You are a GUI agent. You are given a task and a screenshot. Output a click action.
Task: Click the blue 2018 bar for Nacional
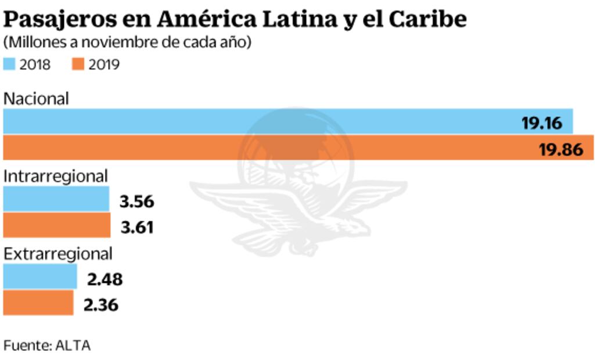coord(261,121)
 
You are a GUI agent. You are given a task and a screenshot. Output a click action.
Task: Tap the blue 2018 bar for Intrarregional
coord(56,199)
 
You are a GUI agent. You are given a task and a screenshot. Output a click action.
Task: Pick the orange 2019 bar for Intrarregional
coord(57,225)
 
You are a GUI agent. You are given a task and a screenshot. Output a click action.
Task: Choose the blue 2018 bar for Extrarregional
coord(40,276)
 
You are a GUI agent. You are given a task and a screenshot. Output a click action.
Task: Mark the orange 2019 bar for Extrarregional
coord(38,303)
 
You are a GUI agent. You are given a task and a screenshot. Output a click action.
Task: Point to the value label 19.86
coord(560,149)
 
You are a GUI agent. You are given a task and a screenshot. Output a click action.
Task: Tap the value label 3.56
coord(136,201)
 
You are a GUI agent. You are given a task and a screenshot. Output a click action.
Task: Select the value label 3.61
coord(137,227)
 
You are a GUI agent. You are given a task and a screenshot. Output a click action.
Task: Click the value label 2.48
coord(105,279)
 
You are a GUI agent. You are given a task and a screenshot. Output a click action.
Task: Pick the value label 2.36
coord(101,305)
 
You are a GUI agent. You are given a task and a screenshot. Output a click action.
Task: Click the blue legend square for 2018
coord(9,64)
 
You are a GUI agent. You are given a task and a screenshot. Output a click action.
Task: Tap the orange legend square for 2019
coord(78,64)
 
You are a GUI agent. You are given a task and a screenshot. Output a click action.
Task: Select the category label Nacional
coord(36,98)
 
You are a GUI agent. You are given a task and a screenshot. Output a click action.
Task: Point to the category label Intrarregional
coord(56,176)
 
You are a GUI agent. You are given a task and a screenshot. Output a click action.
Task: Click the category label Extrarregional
coord(58,254)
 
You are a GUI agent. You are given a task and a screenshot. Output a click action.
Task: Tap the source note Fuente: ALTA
coord(47,345)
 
